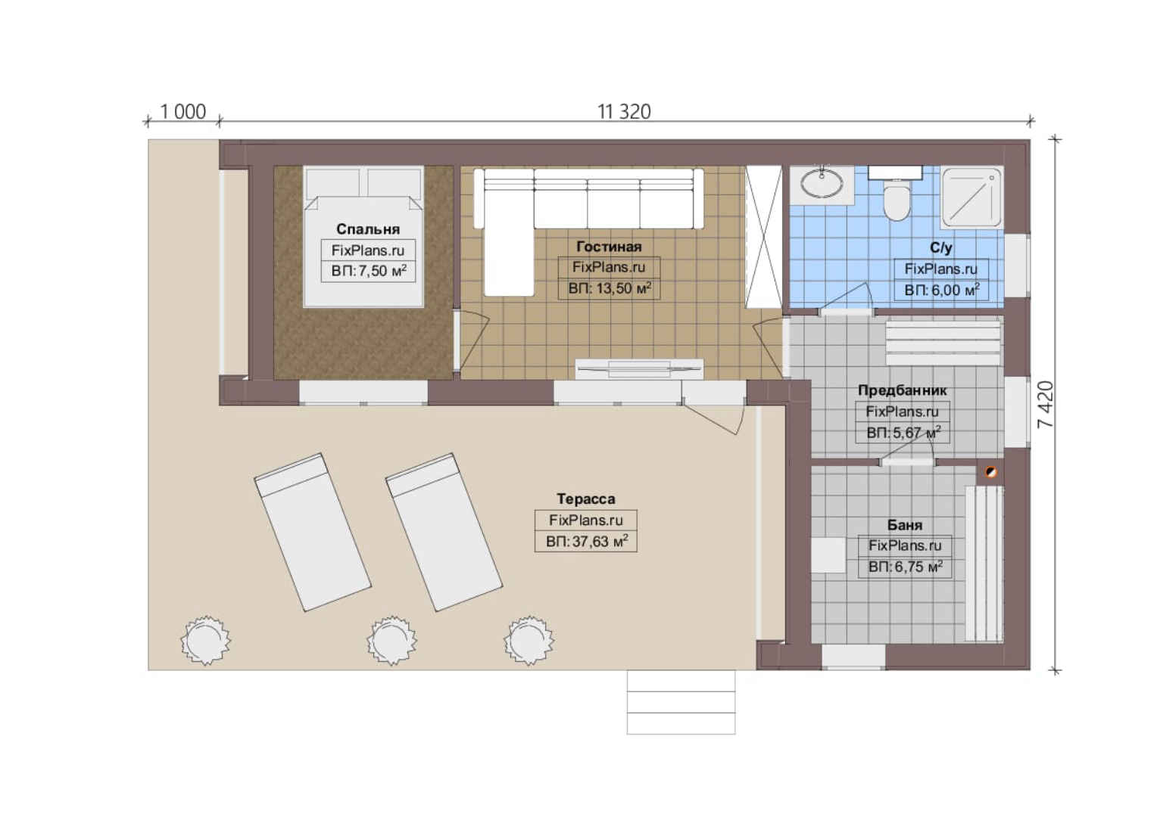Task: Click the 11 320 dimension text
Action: pyautogui.click(x=624, y=111)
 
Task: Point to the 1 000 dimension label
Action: pyautogui.click(x=182, y=111)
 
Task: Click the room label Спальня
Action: pyautogui.click(x=368, y=228)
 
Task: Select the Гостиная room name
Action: pyautogui.click(x=609, y=246)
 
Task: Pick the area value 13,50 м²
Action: pyautogui.click(x=610, y=288)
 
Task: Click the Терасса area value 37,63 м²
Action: pyautogui.click(x=587, y=542)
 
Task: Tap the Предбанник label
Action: pyautogui.click(x=903, y=390)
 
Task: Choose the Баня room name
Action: pyautogui.click(x=905, y=525)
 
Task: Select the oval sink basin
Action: pyautogui.click(x=822, y=185)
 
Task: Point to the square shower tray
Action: pyautogui.click(x=971, y=197)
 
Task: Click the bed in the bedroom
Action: pyautogui.click(x=363, y=237)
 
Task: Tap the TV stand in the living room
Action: pyautogui.click(x=639, y=369)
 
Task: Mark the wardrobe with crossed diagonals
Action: pyautogui.click(x=764, y=237)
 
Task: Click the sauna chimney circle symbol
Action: pyautogui.click(x=990, y=472)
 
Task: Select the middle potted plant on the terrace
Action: pyautogui.click(x=392, y=640)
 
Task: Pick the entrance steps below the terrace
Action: pyautogui.click(x=681, y=702)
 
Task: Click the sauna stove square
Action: pyautogui.click(x=828, y=555)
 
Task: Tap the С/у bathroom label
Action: pyautogui.click(x=941, y=247)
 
